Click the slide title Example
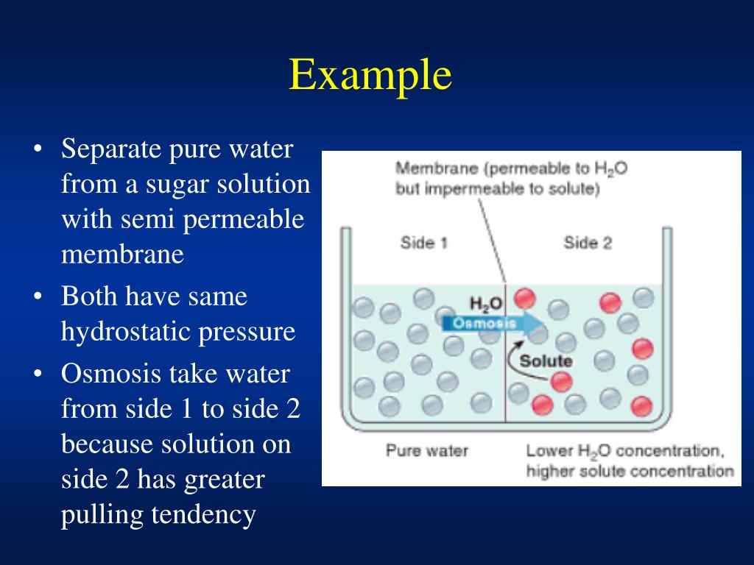[x=370, y=75]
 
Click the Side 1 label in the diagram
[x=423, y=242]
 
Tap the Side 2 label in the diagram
[x=588, y=242]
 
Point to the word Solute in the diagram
[x=546, y=360]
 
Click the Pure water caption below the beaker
[x=427, y=449]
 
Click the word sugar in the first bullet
[x=176, y=184]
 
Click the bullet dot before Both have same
[x=38, y=297]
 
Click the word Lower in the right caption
[x=549, y=449]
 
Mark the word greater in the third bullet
[x=224, y=480]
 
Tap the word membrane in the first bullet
[x=122, y=255]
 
